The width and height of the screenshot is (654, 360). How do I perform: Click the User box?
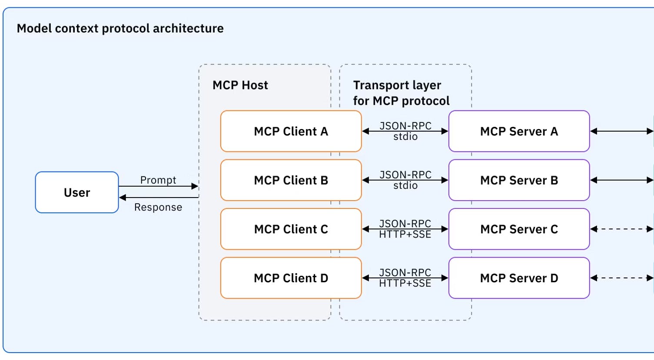77,192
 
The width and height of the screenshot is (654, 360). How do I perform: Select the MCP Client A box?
291,131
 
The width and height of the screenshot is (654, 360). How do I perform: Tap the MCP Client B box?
291,180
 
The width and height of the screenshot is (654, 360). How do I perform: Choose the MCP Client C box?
291,229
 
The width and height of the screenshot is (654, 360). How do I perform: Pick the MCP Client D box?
291,278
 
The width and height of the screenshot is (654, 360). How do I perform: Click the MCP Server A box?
519,131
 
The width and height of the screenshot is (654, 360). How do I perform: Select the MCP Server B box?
519,180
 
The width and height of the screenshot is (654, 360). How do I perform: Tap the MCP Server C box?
519,229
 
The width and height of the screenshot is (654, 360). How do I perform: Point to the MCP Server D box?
519,278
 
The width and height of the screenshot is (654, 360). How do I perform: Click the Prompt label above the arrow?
158,180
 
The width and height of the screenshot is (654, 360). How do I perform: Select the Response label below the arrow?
158,207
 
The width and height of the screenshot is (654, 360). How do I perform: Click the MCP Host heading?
240,85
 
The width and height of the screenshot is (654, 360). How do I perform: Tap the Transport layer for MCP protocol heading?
401,93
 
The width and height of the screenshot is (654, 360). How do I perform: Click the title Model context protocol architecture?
120,28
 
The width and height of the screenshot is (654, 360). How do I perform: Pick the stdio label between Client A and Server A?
405,137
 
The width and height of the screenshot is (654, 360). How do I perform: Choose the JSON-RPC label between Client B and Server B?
405,175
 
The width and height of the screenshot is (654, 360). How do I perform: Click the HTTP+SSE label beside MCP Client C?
405,234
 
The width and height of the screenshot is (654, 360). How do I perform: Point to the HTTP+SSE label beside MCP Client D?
405,284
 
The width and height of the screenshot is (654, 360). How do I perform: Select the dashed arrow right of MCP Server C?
621,229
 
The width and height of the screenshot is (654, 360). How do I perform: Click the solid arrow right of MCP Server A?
621,131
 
